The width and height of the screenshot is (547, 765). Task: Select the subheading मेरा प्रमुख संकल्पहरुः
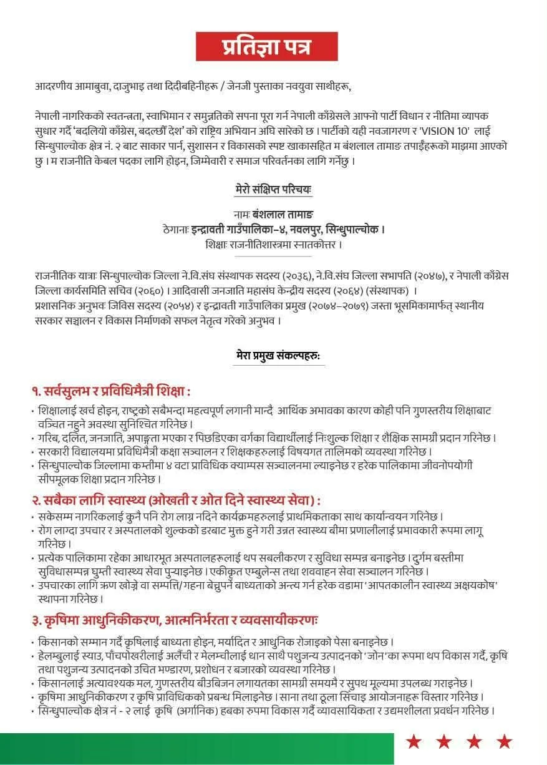coord(278,356)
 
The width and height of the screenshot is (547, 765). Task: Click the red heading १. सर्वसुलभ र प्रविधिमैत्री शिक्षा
coord(112,391)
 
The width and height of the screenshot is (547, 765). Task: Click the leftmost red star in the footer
coord(414,742)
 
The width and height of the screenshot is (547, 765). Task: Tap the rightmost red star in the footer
coord(505,742)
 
